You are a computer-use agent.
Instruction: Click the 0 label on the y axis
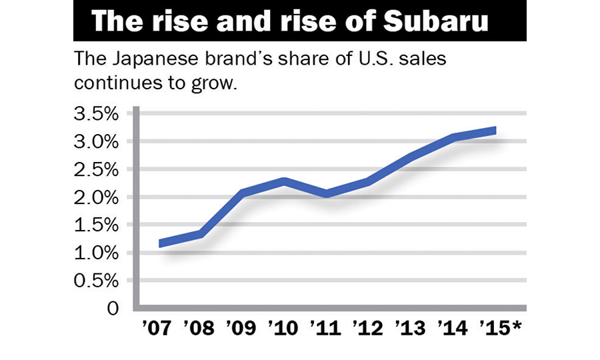(x=113, y=309)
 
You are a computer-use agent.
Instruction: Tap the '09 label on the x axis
(x=243, y=329)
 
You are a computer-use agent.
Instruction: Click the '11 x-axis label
(x=327, y=329)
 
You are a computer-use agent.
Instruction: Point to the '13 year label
(x=412, y=329)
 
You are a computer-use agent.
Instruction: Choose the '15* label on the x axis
(x=500, y=329)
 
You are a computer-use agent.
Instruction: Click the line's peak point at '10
(x=286, y=181)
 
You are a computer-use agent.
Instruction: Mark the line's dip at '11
(x=328, y=194)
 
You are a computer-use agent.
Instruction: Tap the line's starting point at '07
(x=161, y=243)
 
